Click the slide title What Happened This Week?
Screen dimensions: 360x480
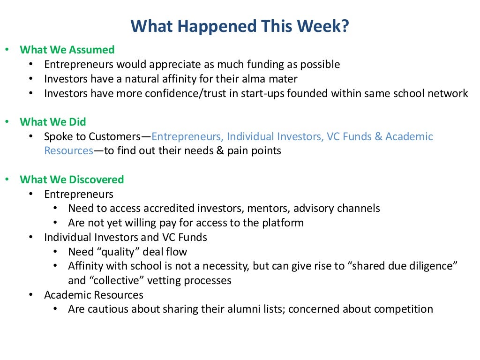240,26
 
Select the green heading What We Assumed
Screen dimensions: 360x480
67,50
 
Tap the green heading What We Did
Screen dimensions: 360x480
53,122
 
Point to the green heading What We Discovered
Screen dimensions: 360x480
72,180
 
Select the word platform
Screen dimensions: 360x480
284,223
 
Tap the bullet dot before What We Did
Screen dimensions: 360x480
7,122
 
